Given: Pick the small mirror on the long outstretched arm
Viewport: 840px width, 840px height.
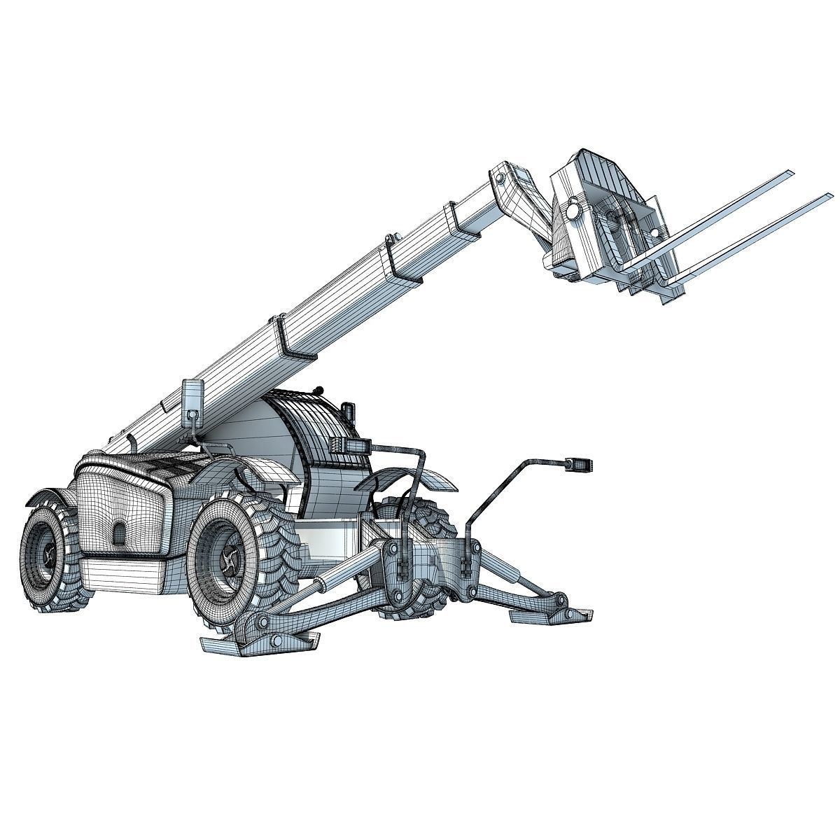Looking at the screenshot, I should click(x=580, y=463).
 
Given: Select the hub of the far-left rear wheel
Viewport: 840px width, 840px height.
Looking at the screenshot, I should click(x=48, y=556).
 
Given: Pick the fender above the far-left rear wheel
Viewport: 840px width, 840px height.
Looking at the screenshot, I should click(x=49, y=497).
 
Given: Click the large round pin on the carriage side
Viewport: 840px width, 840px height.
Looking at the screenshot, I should click(x=572, y=210).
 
